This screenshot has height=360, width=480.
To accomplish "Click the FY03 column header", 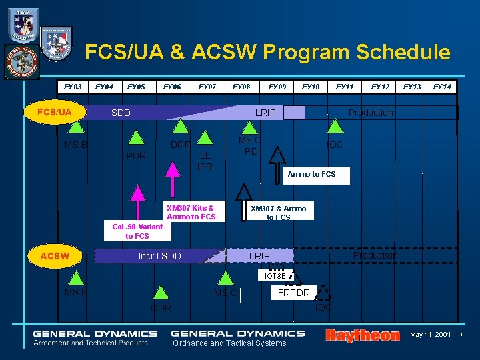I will coord(73,87).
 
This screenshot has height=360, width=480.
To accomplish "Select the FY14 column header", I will coord(442,87).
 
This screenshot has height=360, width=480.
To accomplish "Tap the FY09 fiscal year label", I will coord(277,87).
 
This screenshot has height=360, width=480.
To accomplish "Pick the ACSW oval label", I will coord(55,256).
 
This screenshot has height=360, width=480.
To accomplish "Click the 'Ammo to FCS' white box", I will coord(311,175).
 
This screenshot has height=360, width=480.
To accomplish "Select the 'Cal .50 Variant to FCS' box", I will coord(137,231).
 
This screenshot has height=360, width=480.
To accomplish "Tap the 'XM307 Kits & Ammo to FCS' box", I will coord(191,212).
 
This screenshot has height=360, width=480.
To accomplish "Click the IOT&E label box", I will coord(275,275).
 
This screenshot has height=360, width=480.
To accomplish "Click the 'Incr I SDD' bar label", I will coord(159,256).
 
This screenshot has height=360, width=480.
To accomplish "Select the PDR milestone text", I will coord(136,157).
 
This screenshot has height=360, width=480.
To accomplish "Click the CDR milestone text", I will coord(161,308).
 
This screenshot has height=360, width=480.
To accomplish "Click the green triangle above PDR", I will coord(136,137).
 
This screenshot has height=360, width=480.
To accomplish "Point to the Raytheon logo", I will coord(362,335).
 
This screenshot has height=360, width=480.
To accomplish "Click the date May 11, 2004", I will coord(430,334).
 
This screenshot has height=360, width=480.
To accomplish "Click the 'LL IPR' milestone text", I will coord(205,161).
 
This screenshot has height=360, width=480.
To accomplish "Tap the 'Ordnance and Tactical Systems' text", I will coord(229,343).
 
